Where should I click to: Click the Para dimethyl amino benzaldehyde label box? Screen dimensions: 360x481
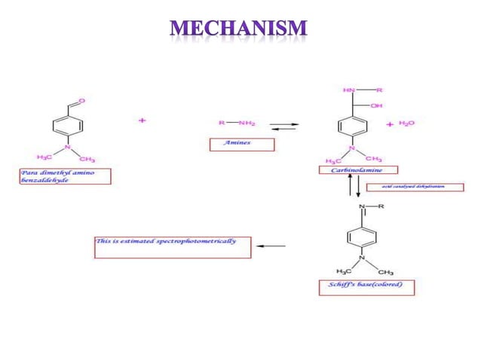point(65,176)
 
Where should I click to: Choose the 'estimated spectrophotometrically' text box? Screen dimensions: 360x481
point(172,246)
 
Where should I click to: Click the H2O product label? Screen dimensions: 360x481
point(406,123)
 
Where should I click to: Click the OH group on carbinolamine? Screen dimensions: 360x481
point(375,105)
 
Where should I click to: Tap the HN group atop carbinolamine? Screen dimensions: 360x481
point(348,90)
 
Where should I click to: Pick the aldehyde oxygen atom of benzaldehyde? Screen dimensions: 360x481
point(81,100)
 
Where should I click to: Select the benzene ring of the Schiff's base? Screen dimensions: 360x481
point(360,237)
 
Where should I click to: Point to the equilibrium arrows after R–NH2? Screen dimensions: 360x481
point(283,126)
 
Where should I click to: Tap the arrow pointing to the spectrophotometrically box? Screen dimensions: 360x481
point(271,246)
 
